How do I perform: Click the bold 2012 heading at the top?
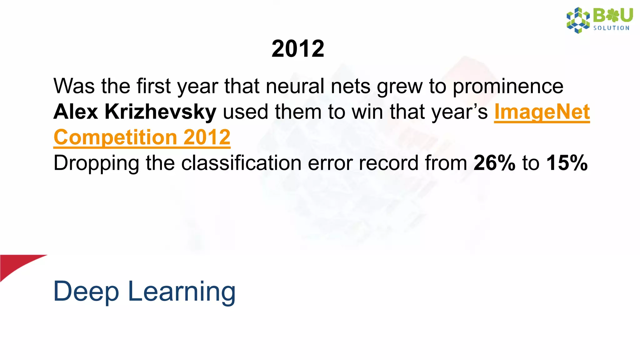click(x=298, y=49)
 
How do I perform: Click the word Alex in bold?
click(x=75, y=112)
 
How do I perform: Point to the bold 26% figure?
click(x=494, y=163)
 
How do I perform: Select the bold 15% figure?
click(x=567, y=163)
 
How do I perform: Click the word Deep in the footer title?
click(x=86, y=292)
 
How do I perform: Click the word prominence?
click(x=508, y=87)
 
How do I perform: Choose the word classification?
click(x=241, y=163)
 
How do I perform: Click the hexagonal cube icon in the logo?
click(x=578, y=20)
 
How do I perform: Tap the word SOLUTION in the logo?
click(x=611, y=28)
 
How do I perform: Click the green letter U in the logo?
click(x=626, y=15)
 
